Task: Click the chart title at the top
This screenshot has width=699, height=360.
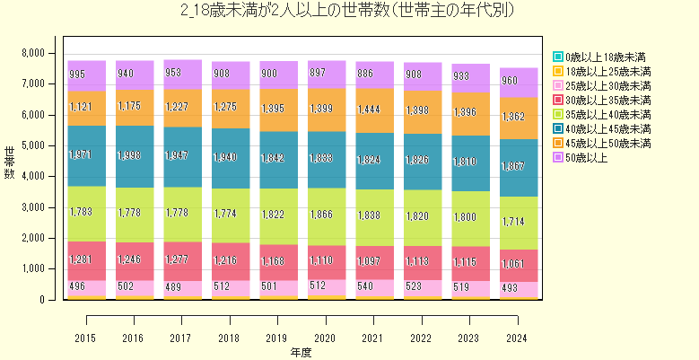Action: point(349,12)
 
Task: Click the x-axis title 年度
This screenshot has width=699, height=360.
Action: point(301,352)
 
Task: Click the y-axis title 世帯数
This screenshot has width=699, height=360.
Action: point(10,162)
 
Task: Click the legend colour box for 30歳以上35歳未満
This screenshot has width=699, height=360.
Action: point(558,100)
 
